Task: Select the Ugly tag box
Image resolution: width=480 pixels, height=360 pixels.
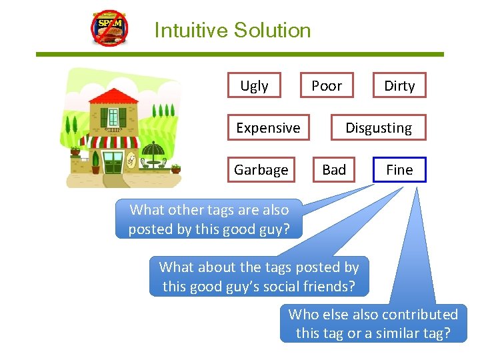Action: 254,86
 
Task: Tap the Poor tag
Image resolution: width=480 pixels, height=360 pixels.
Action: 327,86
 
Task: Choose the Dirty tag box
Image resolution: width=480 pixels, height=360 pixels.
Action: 399,86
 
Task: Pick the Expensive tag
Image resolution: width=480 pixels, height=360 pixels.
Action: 268,128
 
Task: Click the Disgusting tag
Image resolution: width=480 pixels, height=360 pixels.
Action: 379,128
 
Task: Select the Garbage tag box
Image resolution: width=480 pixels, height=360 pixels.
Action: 261,170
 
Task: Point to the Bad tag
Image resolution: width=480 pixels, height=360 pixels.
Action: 334,170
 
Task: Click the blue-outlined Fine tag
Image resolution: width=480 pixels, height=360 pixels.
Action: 399,170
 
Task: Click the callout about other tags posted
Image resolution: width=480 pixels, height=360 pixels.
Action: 209,219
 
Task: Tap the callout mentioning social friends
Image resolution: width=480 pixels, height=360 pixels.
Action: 259,277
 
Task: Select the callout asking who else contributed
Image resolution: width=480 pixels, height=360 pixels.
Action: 373,323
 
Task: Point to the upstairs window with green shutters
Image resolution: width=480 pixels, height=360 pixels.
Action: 113,117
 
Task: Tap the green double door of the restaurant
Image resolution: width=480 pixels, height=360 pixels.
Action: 113,162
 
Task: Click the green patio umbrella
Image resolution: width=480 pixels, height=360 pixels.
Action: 153,149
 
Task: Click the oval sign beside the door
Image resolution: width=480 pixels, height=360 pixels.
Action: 131,159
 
